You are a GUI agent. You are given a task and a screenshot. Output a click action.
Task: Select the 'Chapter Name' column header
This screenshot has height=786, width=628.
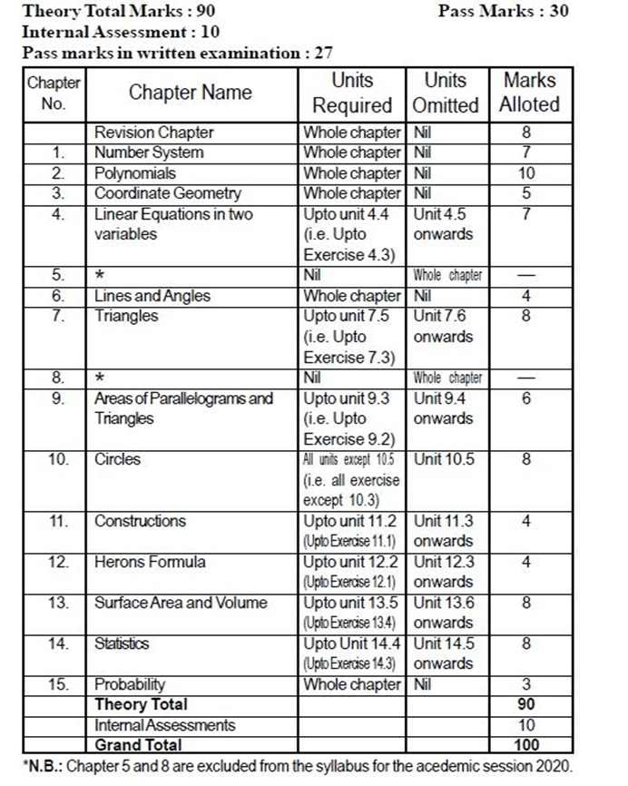coord(190,93)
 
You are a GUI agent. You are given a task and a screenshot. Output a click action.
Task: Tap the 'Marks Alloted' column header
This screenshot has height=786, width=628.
coord(529,93)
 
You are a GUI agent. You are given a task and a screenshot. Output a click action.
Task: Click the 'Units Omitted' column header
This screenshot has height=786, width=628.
coord(445,93)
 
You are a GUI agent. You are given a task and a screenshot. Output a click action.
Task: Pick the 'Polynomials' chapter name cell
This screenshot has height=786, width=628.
coord(135,173)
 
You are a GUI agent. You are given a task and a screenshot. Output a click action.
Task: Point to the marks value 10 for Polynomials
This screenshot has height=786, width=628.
coord(527,173)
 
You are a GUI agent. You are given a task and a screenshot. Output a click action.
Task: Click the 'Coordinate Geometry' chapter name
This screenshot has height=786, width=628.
coord(168,193)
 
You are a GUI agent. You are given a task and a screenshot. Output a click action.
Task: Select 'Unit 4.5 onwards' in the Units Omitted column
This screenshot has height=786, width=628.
coord(443,224)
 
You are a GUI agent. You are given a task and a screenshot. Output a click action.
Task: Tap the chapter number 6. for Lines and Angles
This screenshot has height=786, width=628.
coord(58,296)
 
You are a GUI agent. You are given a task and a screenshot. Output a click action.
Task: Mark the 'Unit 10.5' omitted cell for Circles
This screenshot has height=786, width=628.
coord(443,459)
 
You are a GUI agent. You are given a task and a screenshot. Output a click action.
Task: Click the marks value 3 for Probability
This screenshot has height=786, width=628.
coord(527,684)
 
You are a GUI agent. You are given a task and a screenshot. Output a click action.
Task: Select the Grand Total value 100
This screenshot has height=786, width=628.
coord(527,745)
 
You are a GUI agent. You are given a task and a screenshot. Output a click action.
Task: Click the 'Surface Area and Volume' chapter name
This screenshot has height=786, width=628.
coord(181,603)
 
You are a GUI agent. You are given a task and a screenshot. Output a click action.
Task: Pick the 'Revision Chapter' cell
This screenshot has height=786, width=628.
coord(153,133)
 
